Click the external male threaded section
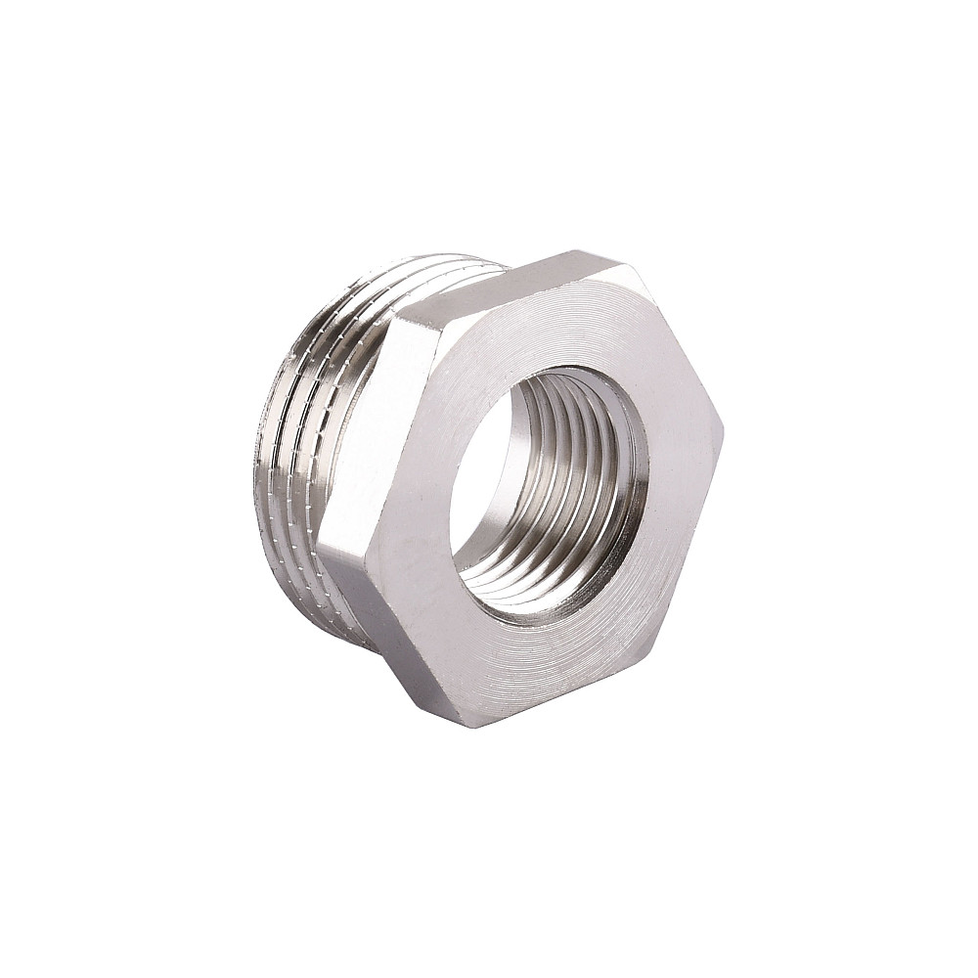(313, 440)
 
